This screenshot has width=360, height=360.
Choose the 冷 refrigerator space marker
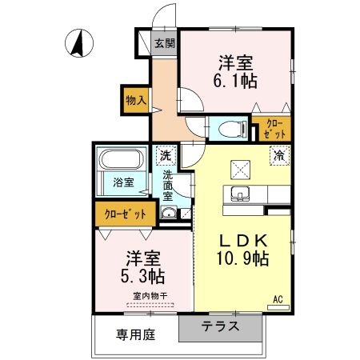[x=280, y=154]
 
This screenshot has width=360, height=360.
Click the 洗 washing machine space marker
[x=165, y=155]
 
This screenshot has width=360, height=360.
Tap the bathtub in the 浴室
[x=122, y=160]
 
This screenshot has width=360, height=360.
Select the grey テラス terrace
[x=219, y=326]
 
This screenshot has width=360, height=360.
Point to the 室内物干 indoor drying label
[x=150, y=297]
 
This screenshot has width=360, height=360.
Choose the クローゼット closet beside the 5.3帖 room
[x=126, y=214]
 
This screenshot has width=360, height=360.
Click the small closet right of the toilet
[x=271, y=128]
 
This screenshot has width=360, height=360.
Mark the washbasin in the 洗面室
[x=169, y=213]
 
